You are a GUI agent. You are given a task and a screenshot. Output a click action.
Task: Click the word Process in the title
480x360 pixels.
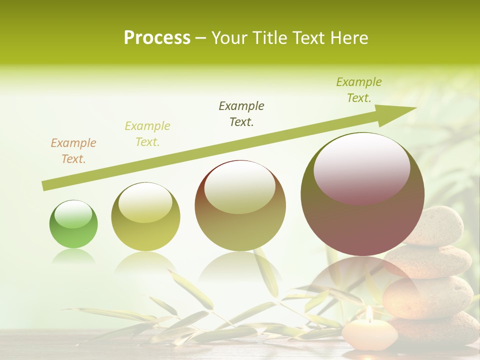[x=157, y=38]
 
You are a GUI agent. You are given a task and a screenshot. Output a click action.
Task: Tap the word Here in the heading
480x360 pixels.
[x=349, y=38]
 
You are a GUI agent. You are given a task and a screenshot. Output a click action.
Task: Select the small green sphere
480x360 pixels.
[x=73, y=224]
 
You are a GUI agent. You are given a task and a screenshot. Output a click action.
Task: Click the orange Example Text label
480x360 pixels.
[x=73, y=151]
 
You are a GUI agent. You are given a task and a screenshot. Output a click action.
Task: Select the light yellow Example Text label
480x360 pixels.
[x=147, y=134]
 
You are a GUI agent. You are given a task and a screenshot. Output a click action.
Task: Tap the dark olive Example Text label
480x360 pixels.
[x=241, y=113]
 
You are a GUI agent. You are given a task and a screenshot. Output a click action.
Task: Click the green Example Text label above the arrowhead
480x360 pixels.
[x=359, y=90]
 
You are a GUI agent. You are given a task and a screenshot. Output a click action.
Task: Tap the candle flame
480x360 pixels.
[x=369, y=313]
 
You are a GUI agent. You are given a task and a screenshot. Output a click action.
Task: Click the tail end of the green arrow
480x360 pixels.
[x=46, y=186]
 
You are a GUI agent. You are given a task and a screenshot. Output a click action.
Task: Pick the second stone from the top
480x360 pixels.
[x=430, y=261]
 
